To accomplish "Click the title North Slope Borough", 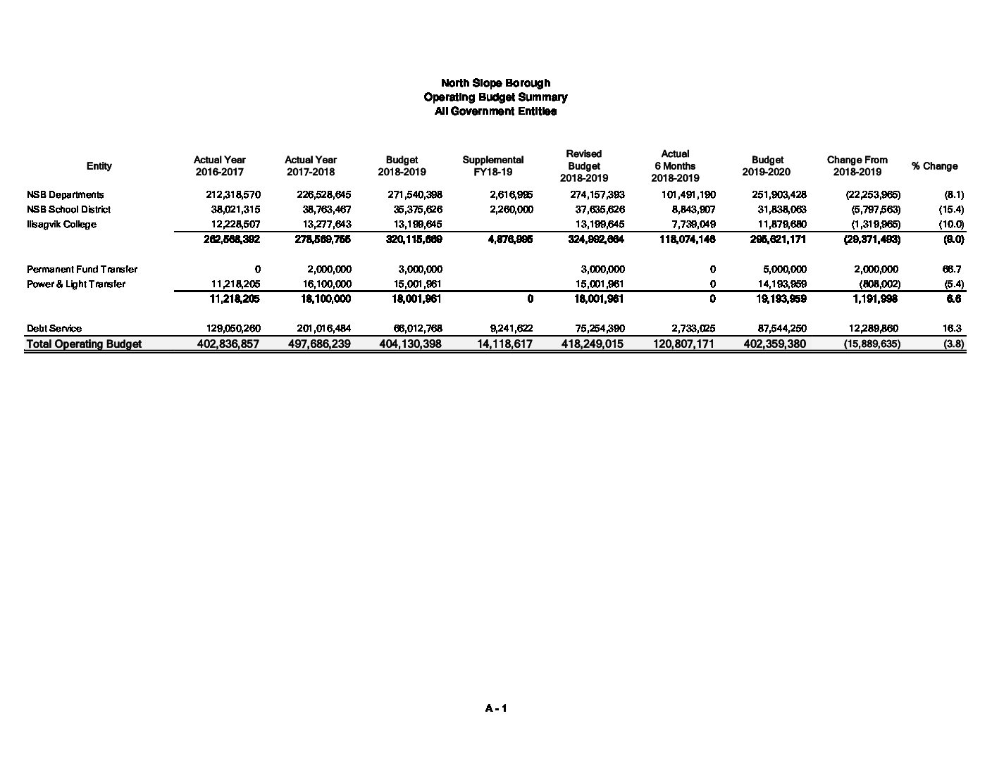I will (x=495, y=83).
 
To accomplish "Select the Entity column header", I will (x=99, y=166).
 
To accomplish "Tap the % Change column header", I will (x=934, y=166).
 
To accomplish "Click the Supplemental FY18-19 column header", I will (x=492, y=166).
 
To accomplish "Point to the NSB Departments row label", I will (x=66, y=195).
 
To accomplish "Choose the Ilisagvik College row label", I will (x=61, y=225).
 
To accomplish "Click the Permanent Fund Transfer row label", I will (x=82, y=270).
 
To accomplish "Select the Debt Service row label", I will (x=54, y=329).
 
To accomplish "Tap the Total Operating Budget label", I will (x=84, y=344).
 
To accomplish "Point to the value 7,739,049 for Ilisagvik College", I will (x=691, y=225).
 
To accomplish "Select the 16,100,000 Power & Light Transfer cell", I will (x=324, y=284).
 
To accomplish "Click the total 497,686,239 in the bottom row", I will (x=319, y=344).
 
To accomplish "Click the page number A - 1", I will (x=496, y=708).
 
